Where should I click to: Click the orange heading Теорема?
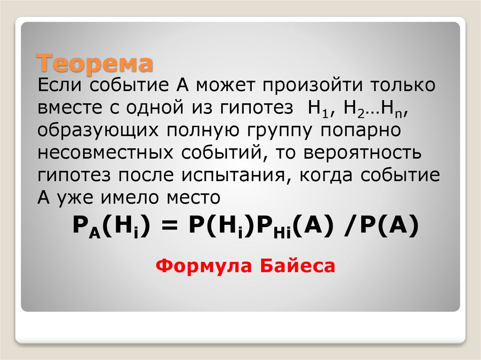point(95,63)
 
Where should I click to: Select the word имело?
point(132,197)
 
